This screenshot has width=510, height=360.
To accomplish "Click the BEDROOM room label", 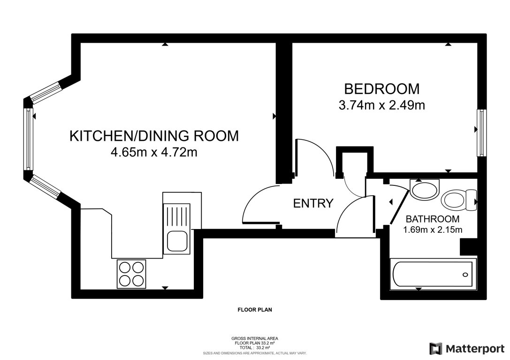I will (381, 88).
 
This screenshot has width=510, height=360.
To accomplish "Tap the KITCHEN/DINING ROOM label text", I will (154, 136).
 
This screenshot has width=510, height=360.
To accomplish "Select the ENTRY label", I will (313, 204).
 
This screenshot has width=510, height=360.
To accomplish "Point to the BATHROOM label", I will (432, 219).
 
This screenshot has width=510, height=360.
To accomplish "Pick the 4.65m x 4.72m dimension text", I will (154, 153).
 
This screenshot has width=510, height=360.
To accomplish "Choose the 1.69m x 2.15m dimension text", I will (432, 230).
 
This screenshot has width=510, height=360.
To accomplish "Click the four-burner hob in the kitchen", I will (131, 274).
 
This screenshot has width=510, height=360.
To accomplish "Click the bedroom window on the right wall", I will (481, 133).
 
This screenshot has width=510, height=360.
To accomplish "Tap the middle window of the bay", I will (29, 139).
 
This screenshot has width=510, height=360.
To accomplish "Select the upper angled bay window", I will (46, 92).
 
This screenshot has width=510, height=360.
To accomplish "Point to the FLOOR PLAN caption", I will (255, 310).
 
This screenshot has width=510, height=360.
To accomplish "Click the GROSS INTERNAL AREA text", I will (255, 338).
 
